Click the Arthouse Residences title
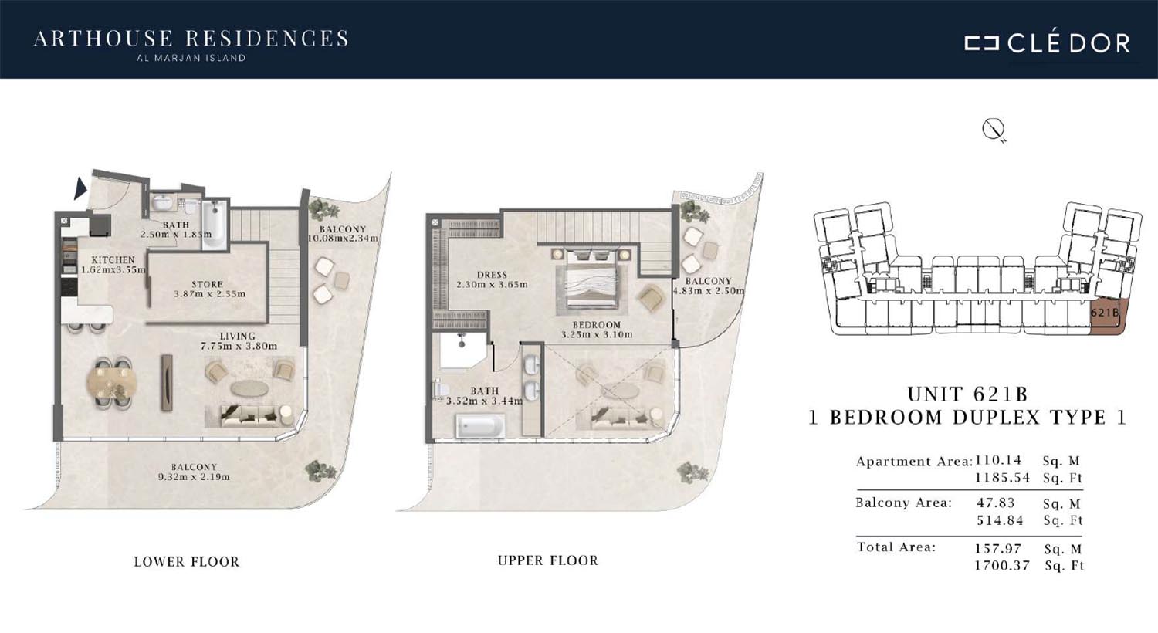(x=191, y=39)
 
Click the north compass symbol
(x=993, y=129)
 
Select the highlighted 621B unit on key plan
(x=1107, y=316)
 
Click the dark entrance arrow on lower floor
(x=80, y=188)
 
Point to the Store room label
(x=208, y=284)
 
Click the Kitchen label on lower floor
(x=113, y=260)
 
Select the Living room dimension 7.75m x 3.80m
(x=239, y=346)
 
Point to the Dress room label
(x=493, y=275)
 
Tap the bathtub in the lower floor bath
(x=214, y=225)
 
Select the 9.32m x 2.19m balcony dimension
(x=194, y=477)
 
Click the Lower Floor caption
(x=187, y=562)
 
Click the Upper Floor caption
(x=548, y=560)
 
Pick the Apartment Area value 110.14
(x=998, y=460)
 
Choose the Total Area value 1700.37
(x=1002, y=566)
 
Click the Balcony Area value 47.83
(x=996, y=503)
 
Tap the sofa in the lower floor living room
(x=250, y=415)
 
